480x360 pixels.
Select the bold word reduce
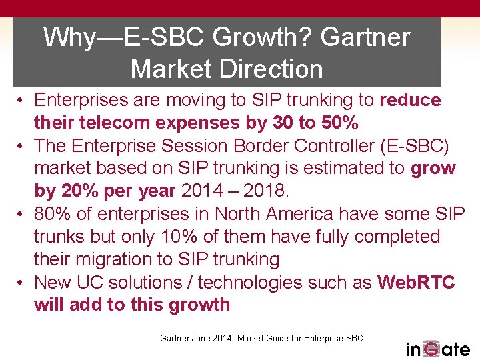coord(410,100)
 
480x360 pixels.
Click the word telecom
coord(117,123)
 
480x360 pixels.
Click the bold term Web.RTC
coord(416,282)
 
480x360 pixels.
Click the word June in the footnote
coord(203,338)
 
